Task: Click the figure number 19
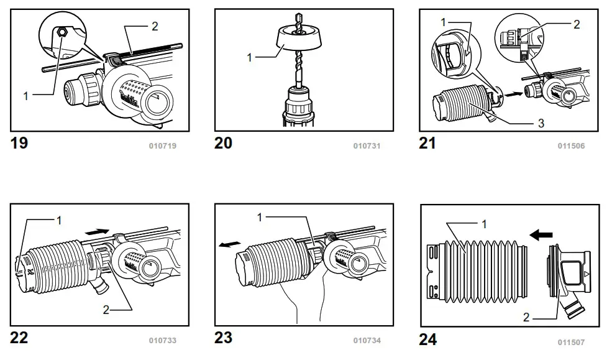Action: (x=19, y=143)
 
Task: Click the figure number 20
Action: (x=223, y=143)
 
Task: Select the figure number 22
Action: (x=19, y=338)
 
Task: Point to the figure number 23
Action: (x=223, y=338)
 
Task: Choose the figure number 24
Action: (x=427, y=339)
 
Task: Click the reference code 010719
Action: (x=162, y=146)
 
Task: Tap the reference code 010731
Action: (x=366, y=146)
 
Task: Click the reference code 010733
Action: (x=162, y=341)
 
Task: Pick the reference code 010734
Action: (x=366, y=341)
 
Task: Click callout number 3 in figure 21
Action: (x=541, y=124)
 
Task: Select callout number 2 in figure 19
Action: (x=155, y=25)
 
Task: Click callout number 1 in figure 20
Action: (x=249, y=57)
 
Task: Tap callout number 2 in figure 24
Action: (x=526, y=317)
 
